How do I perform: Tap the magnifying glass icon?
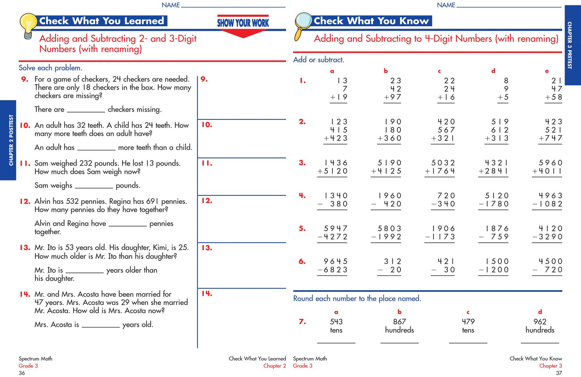coord(303,26)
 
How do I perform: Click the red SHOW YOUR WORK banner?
coord(243,26)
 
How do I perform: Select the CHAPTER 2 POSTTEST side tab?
coord(8,140)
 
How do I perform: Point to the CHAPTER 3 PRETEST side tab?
coord(573,45)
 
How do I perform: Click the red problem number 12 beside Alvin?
coord(25,201)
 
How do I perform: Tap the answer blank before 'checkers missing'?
coord(86,112)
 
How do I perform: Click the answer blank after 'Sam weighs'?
coord(94,188)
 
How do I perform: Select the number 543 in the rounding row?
coord(336,322)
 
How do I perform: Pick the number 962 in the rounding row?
coord(540,322)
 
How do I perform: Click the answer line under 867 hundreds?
coord(399,343)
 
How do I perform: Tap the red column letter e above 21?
coord(547,71)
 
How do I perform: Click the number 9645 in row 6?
coord(335,261)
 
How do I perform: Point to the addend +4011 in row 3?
coord(547,171)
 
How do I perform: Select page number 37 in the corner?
coord(559,373)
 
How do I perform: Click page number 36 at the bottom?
coord(22,373)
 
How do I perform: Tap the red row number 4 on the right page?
coord(302,195)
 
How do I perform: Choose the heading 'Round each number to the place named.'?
coord(357,299)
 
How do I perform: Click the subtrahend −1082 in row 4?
coord(547,204)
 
